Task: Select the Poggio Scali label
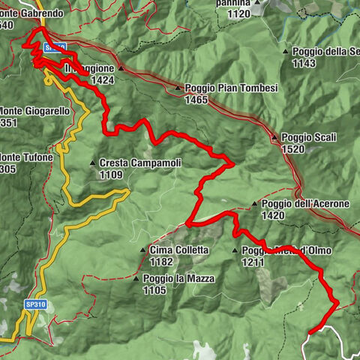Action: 308,137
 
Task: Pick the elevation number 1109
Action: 112,174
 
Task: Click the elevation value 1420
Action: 273,215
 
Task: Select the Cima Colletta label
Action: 178,250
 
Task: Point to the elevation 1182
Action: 161,262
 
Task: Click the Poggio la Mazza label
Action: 178,278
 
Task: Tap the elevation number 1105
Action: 154,289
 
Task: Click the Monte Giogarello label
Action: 34,110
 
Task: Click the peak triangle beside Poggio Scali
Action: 274,138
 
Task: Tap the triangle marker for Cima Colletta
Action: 142,250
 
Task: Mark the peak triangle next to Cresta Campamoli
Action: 91,163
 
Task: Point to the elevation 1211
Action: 253,262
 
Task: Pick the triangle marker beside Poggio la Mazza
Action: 136,278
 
